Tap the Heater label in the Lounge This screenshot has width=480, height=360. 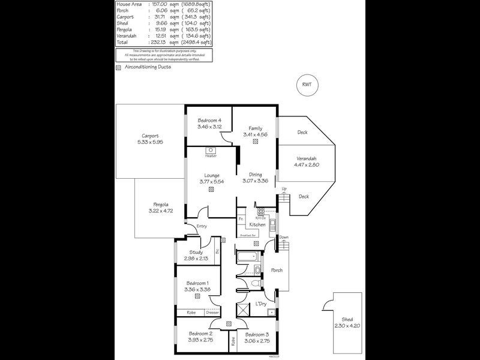[211, 156]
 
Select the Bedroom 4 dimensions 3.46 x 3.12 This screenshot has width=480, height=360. [209, 127]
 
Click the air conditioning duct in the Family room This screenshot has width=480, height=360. [256, 143]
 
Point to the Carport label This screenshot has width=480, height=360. [150, 136]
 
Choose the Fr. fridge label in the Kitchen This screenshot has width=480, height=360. [241, 219]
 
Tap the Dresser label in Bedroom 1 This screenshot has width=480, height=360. [212, 313]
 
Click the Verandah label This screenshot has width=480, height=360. [307, 159]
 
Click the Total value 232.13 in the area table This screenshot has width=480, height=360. [158, 43]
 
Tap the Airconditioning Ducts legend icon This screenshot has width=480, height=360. [119, 68]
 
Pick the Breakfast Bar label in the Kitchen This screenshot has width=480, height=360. [248, 235]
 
